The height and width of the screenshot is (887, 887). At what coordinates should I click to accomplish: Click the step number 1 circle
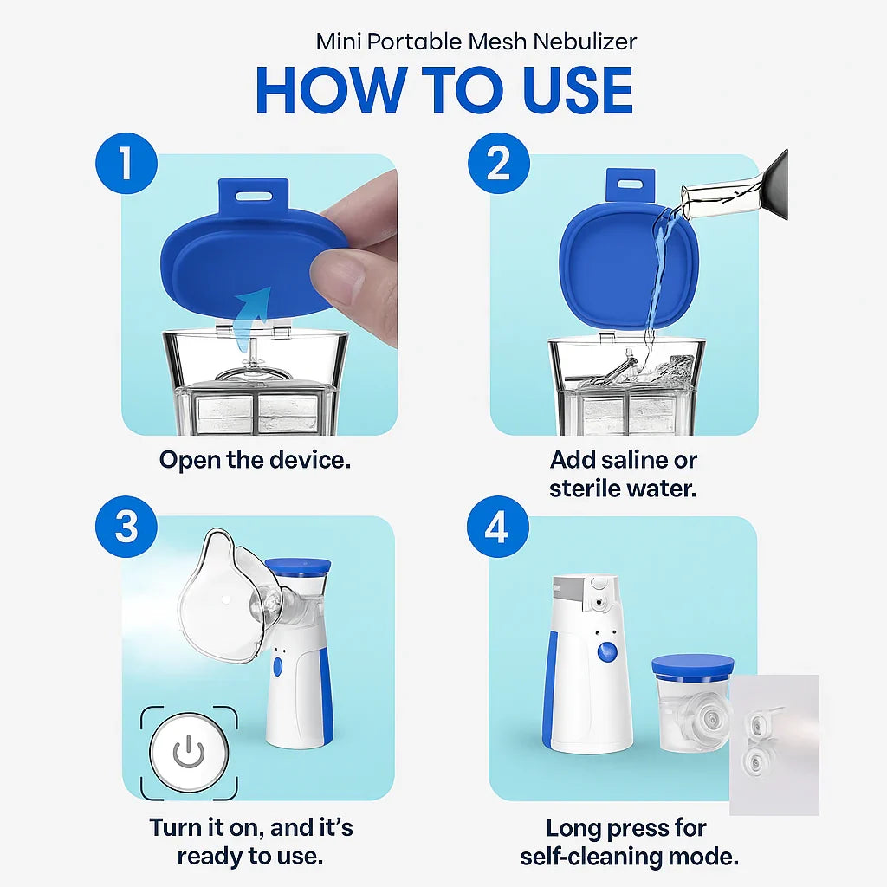click(126, 163)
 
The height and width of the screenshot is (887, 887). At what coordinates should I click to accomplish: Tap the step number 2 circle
click(498, 163)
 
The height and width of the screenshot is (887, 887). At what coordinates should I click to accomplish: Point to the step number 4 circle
click(496, 528)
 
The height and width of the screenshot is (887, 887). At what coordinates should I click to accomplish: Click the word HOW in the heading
click(331, 89)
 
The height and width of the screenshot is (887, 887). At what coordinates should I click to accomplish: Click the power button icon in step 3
click(189, 753)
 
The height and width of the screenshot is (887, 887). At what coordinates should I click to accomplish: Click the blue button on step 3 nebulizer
click(277, 667)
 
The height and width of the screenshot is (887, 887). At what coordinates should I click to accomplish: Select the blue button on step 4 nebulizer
click(607, 654)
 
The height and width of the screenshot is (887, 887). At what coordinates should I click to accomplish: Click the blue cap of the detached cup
click(692, 664)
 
